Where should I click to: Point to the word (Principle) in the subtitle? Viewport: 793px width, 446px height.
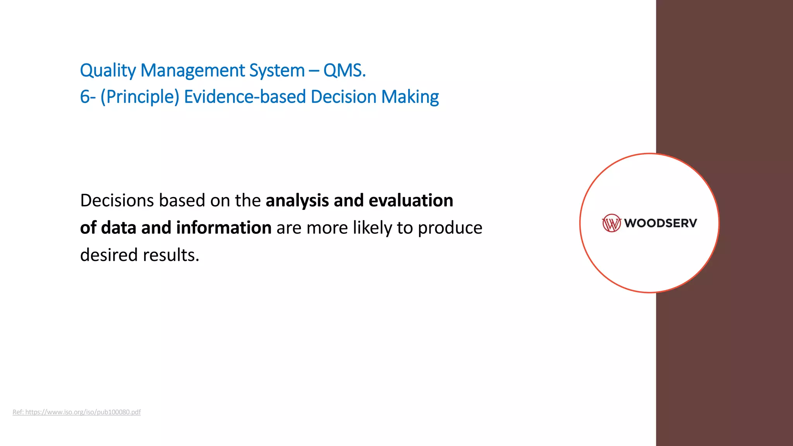[x=140, y=97]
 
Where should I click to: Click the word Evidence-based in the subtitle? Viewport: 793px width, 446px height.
[x=245, y=97]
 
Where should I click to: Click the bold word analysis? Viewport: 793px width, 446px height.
[x=297, y=201]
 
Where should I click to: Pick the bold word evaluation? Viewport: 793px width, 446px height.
[x=411, y=201]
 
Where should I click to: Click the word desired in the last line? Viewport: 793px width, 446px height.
[x=109, y=255]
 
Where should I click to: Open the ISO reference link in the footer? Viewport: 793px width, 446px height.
[x=77, y=412]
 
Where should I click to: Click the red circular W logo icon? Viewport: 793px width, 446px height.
[x=611, y=223]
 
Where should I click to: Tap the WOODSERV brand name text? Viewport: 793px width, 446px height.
[x=660, y=223]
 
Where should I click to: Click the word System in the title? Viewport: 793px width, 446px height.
[x=276, y=71]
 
